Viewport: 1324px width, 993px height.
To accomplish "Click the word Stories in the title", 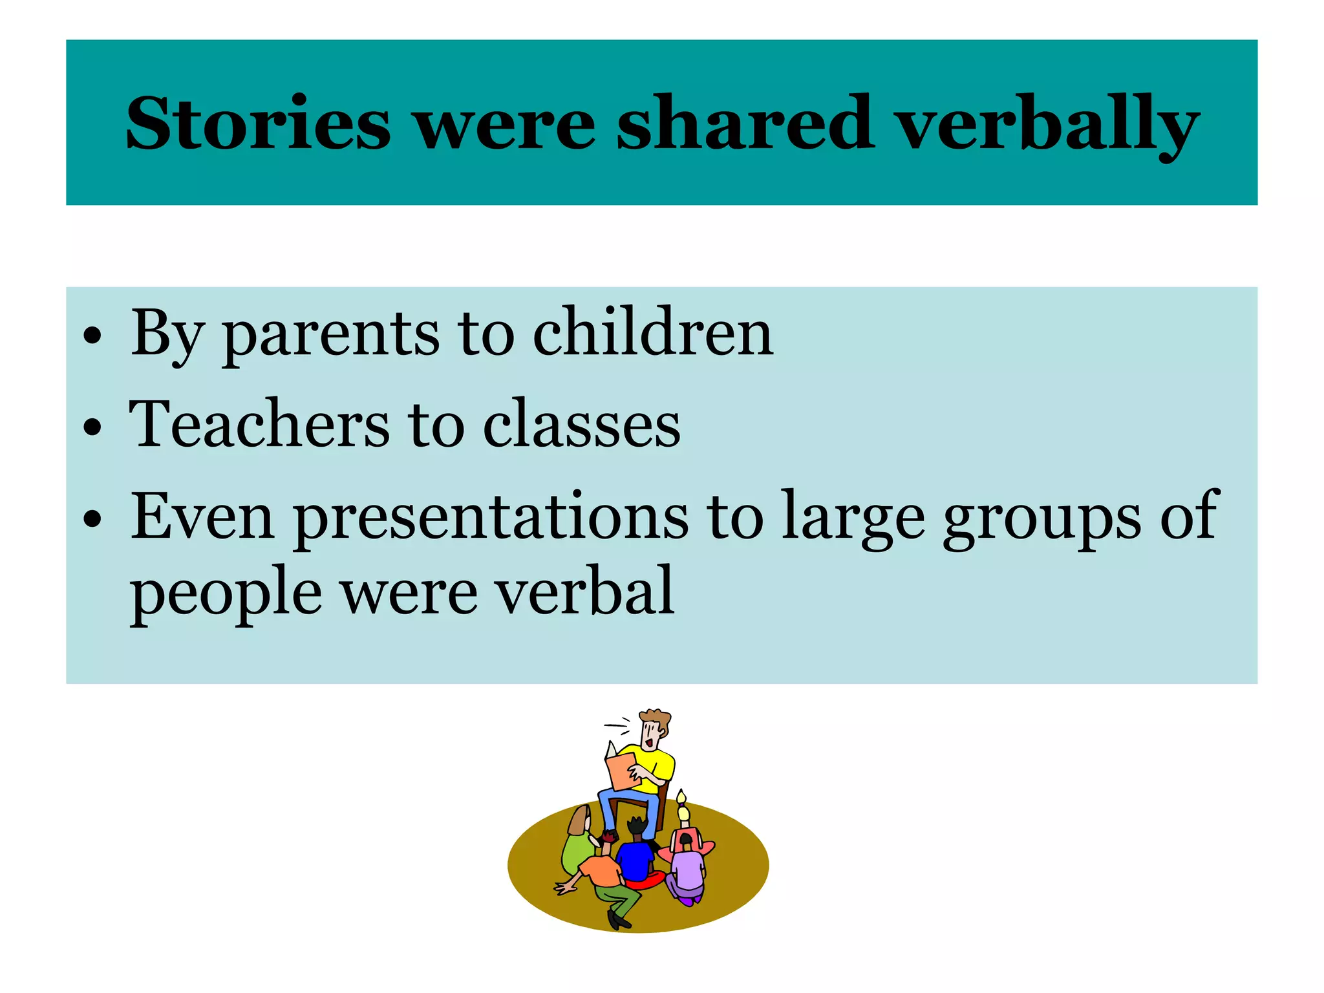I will (x=258, y=123).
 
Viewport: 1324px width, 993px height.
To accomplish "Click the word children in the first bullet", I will (x=652, y=332).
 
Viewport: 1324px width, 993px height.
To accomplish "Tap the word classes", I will (x=581, y=425).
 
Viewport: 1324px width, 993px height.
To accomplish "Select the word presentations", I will (x=491, y=517).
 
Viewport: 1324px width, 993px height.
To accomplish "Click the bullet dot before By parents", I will (x=93, y=335).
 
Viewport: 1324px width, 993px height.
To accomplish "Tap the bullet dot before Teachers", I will (x=93, y=427).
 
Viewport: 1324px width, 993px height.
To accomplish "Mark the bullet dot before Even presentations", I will (x=93, y=518).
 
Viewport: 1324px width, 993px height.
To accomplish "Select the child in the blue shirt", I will (x=636, y=857).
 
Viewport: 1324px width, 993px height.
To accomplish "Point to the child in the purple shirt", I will (x=689, y=870).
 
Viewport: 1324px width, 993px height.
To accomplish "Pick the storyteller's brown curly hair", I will (x=656, y=718).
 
